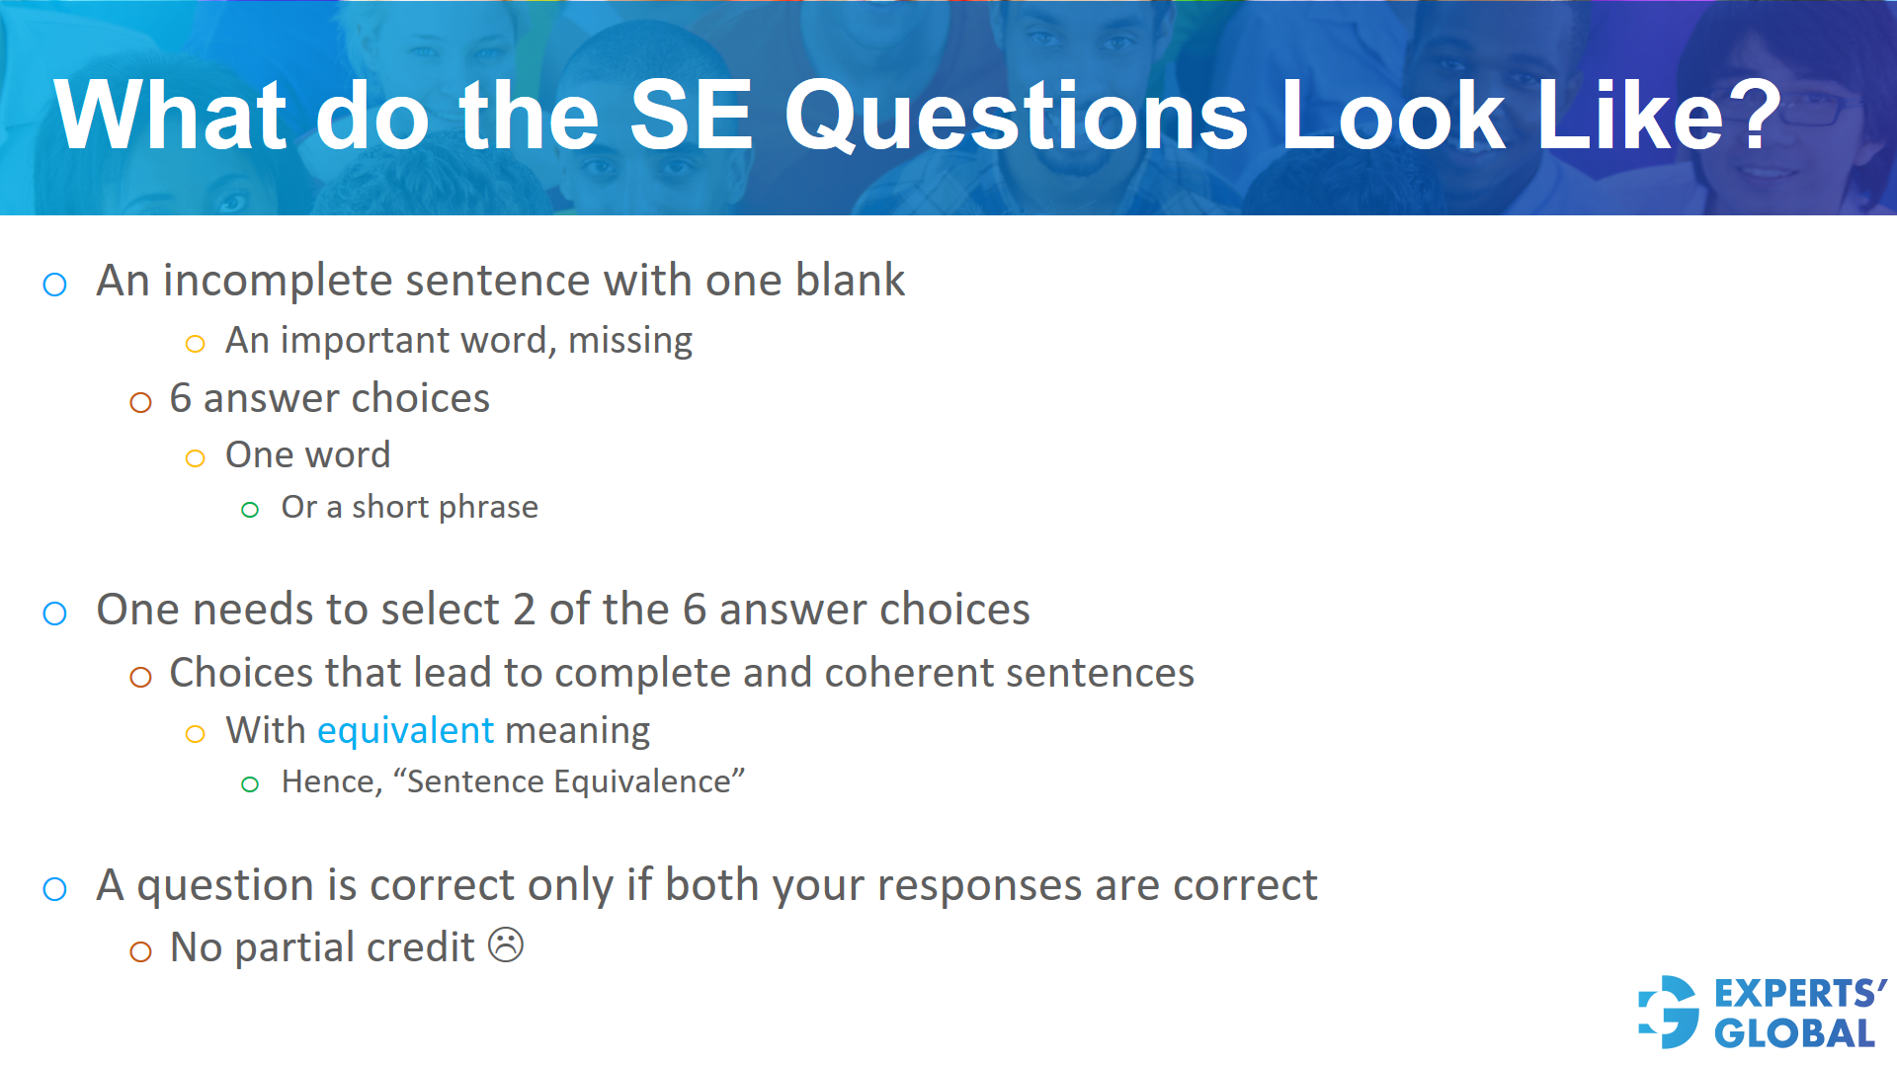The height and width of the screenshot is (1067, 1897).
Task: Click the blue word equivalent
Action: [x=405, y=731]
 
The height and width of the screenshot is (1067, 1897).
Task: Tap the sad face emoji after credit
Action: [x=506, y=945]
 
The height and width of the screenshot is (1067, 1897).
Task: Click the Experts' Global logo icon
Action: [x=1669, y=1012]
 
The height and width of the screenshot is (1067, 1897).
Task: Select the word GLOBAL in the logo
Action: [x=1794, y=1034]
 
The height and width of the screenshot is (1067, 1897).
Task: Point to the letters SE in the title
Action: [x=691, y=117]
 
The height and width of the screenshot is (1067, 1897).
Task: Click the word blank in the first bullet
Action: [x=850, y=281]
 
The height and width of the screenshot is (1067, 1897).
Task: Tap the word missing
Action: [x=630, y=341]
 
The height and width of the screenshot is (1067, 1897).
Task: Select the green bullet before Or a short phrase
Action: [x=250, y=510]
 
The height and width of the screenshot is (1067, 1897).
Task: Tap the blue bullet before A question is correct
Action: [x=55, y=889]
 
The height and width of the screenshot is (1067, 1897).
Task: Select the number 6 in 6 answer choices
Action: [x=180, y=399]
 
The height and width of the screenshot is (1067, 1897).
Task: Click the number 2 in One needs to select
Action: [x=524, y=610]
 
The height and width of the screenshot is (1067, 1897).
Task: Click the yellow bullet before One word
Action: [x=196, y=458]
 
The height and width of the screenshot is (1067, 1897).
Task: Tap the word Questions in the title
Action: [x=1017, y=117]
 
